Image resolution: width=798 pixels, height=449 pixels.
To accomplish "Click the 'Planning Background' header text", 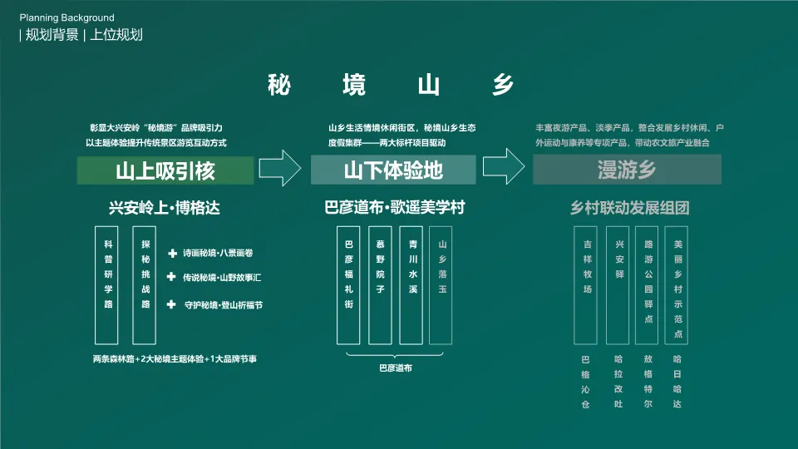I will coord(67,17).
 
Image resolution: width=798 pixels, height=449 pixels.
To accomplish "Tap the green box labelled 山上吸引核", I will coord(165,170).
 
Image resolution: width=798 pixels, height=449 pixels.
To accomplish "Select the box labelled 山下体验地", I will coord(393,170).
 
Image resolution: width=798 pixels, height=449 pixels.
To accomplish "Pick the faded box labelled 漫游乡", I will coord(627,170).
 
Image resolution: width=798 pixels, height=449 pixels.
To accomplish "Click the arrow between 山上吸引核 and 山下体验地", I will coord(280,169).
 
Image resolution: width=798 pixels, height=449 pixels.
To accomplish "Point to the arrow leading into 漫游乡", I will coord(504,169).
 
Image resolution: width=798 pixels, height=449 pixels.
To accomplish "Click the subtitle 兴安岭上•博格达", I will coord(165,208).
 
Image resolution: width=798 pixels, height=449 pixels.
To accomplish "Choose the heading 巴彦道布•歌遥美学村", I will coord(394,208).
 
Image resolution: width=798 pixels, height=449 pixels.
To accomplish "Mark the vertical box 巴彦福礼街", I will coord(349,285).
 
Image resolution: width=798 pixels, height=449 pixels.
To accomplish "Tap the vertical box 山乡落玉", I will coord(442,285).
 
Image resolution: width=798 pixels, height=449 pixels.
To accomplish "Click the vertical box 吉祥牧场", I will coord(588,285).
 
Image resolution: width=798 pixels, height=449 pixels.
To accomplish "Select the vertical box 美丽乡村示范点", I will coord(677,285).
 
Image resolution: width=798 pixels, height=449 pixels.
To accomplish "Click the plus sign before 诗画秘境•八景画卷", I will coord(172,253).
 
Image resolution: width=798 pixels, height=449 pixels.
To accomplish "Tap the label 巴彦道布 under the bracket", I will coord(396,367).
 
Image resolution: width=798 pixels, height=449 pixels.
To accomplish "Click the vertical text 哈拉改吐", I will coord(618,382).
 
